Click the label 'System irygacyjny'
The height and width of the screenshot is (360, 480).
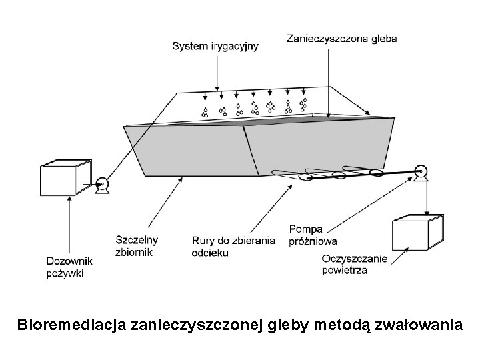(x=215, y=46)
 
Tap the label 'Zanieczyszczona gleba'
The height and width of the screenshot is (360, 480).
(x=341, y=39)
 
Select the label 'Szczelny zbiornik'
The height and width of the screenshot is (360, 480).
(x=137, y=246)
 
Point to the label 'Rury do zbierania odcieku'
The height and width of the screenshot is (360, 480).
(x=233, y=247)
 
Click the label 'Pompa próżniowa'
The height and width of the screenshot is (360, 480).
(x=313, y=235)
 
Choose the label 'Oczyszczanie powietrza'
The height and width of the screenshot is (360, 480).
(x=354, y=264)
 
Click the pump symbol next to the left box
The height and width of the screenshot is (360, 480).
(x=102, y=185)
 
